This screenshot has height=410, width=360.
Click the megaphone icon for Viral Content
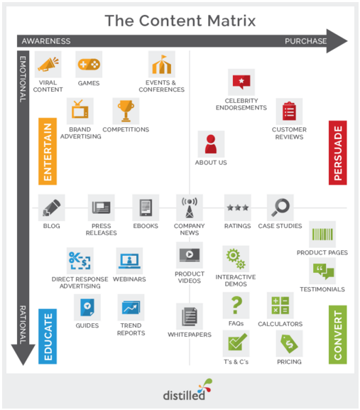tap(48, 64)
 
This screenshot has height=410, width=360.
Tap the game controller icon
tap(89, 65)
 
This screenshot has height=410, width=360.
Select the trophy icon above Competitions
tap(126, 111)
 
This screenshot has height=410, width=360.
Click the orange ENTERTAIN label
tap(48, 151)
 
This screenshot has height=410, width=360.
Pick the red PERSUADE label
tap(338, 153)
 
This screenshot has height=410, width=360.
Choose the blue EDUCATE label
tap(48, 337)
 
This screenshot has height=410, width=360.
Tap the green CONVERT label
tap(338, 335)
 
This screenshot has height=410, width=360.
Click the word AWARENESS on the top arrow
tap(46, 41)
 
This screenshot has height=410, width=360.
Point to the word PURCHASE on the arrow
tap(305, 41)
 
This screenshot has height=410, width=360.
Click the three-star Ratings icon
tap(238, 208)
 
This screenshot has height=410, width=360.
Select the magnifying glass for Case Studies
tap(280, 207)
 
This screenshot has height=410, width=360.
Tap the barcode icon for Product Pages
tap(322, 234)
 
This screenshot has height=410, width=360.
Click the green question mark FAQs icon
tap(236, 305)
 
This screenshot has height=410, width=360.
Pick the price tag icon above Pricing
tap(289, 343)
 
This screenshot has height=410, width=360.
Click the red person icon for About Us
tap(211, 144)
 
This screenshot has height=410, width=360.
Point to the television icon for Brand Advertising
tap(80, 109)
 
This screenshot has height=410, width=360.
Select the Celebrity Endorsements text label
tap(241, 104)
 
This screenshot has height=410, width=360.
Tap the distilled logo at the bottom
tap(187, 390)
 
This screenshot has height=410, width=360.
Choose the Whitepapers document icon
tap(190, 316)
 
